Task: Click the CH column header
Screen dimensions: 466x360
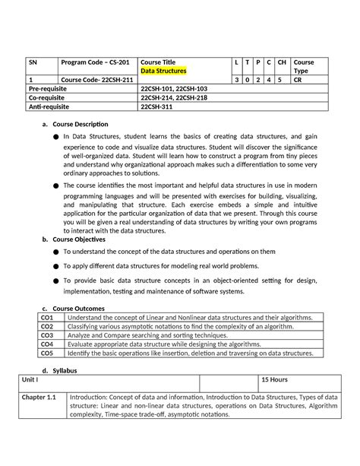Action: (282, 62)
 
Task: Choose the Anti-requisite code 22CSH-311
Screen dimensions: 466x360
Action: (162, 106)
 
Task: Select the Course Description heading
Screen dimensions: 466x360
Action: (81, 124)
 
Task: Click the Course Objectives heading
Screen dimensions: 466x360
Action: (80, 239)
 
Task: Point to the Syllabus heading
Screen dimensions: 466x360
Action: (63, 370)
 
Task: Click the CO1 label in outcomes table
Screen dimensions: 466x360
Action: (47, 317)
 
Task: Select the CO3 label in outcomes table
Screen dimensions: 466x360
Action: (47, 334)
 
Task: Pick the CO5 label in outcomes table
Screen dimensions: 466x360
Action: (47, 353)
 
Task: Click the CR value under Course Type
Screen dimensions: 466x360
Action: (299, 79)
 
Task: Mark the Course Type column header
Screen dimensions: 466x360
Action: (304, 66)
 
